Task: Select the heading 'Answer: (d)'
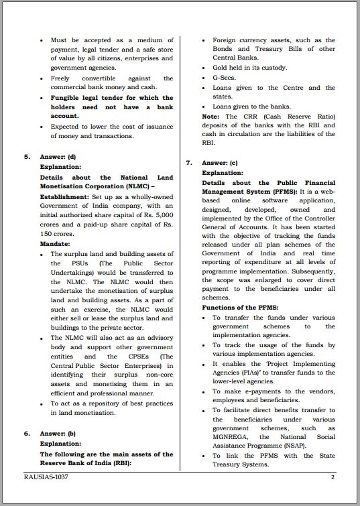pyautogui.click(x=58, y=156)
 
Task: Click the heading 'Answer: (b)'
pyautogui.click(x=58, y=434)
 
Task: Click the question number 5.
pyautogui.click(x=27, y=156)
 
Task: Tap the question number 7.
pyautogui.click(x=189, y=163)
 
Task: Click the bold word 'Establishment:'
pyautogui.click(x=64, y=196)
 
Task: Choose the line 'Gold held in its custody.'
pyautogui.click(x=249, y=68)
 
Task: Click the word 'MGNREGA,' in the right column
pyautogui.click(x=232, y=437)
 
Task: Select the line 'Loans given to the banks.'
pyautogui.click(x=251, y=107)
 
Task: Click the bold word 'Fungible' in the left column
pyautogui.click(x=66, y=98)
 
